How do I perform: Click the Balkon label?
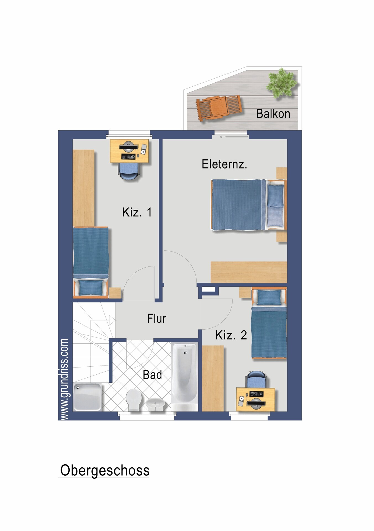tap(273, 114)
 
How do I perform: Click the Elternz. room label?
tap(224, 164)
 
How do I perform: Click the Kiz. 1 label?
tap(137, 212)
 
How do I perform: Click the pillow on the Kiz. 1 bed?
tap(91, 288)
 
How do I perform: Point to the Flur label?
tap(156, 318)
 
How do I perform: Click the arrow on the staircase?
tap(112, 320)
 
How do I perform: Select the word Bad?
tap(152, 375)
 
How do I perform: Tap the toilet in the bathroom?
tap(134, 400)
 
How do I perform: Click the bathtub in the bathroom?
tap(184, 374)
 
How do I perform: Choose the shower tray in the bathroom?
tap(87, 397)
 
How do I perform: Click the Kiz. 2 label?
tap(231, 335)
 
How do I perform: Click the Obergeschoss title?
tap(105, 470)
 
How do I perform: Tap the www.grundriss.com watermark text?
tap(64, 379)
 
